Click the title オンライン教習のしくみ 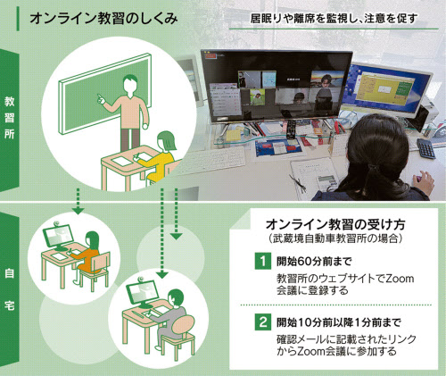104,19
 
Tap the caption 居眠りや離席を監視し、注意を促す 334,19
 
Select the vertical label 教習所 9,118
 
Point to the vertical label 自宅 9,288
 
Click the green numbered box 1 263,261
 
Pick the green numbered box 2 263,322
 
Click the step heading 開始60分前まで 314,262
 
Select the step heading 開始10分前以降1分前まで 339,322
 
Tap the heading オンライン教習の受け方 335,224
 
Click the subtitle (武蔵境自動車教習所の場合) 335,238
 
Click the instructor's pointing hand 101,99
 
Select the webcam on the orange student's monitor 56,224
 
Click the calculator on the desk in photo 426,148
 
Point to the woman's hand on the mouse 423,181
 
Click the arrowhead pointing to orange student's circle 78,211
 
